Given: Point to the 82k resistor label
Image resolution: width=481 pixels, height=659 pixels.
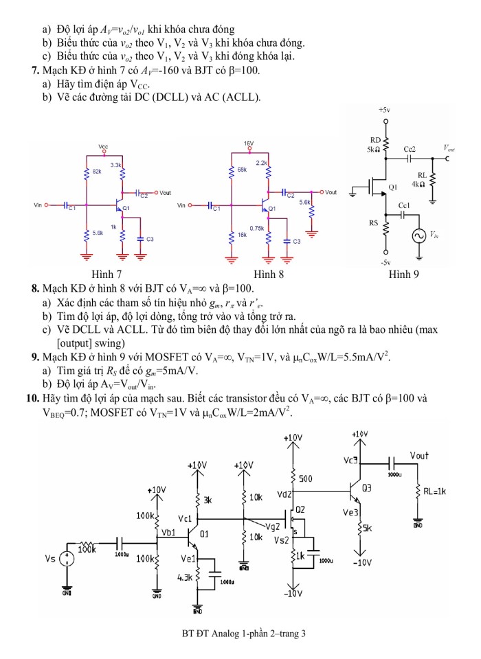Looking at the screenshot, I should [x=96, y=170].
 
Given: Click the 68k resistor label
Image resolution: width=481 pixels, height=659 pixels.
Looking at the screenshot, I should [x=242, y=169].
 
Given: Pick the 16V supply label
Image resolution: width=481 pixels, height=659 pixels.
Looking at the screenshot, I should [x=249, y=143].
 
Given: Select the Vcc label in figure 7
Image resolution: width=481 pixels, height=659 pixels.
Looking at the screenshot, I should [x=103, y=147].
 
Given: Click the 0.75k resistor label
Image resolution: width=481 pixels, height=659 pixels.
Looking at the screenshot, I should [x=257, y=228].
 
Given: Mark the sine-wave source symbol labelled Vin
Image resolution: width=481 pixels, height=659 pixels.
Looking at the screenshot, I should [x=418, y=236].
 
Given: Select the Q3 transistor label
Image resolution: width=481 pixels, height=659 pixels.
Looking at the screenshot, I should [x=367, y=488].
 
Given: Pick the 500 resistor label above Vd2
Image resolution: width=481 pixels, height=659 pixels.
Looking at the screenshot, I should [x=306, y=478].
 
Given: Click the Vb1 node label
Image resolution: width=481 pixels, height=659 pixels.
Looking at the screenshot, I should [x=168, y=532].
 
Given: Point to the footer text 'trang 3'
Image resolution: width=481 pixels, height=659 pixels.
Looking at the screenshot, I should [x=290, y=633].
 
